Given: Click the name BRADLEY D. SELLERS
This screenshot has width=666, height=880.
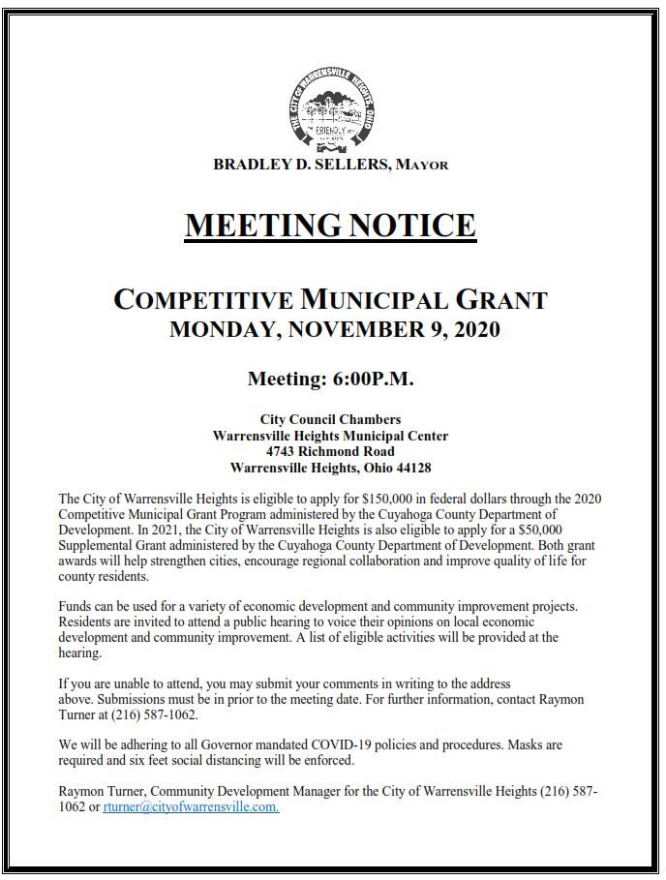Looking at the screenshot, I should [x=302, y=165].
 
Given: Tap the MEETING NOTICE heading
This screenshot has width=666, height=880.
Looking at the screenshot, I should [x=330, y=226].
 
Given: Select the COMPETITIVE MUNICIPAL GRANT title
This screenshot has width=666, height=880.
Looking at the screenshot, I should [x=330, y=299].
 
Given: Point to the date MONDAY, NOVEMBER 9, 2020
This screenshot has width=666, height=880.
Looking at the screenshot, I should [x=334, y=329].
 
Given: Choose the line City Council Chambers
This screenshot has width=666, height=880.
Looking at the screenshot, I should [x=330, y=419].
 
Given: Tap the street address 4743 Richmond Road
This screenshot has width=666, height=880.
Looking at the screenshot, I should [x=330, y=451].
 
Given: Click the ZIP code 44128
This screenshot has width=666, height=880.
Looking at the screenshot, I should [x=411, y=468].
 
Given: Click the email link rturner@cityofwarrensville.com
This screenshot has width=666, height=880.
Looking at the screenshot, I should [x=191, y=807].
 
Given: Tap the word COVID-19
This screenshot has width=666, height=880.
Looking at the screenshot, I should [x=328, y=745].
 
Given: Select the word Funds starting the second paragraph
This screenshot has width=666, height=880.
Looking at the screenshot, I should [x=76, y=607].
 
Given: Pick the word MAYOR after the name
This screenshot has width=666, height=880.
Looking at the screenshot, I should [x=422, y=166].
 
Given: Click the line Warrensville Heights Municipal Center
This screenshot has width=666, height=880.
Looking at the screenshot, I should [x=330, y=436].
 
